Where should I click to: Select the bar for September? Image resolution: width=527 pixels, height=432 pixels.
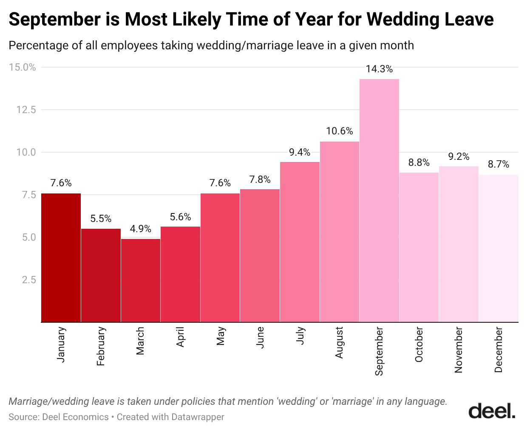coord(379,200)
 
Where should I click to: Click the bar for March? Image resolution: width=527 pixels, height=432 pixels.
coord(141,280)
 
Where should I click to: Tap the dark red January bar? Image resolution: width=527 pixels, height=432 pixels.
coord(61,258)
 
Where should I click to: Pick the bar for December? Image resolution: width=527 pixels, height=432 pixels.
coord(499,248)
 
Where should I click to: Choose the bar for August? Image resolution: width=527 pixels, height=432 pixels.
coord(339,232)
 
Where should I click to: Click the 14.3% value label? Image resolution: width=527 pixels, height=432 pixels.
coord(379,69)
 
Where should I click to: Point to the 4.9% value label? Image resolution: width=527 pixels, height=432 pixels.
coord(141,229)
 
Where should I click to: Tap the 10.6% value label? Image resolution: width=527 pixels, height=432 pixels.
coord(339,131)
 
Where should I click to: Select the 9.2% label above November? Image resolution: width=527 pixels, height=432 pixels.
coord(459,156)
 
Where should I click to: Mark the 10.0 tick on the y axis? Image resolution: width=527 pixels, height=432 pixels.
coord(26,152)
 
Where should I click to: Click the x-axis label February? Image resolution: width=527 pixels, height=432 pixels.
coord(101,346)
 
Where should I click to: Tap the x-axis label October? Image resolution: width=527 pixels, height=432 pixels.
coord(419,344)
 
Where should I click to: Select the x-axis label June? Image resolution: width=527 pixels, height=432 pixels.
coord(260,338)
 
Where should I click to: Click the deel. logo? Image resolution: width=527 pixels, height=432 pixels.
coord(492,411)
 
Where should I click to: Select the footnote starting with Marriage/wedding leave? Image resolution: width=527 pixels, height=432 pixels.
coord(228,401)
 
